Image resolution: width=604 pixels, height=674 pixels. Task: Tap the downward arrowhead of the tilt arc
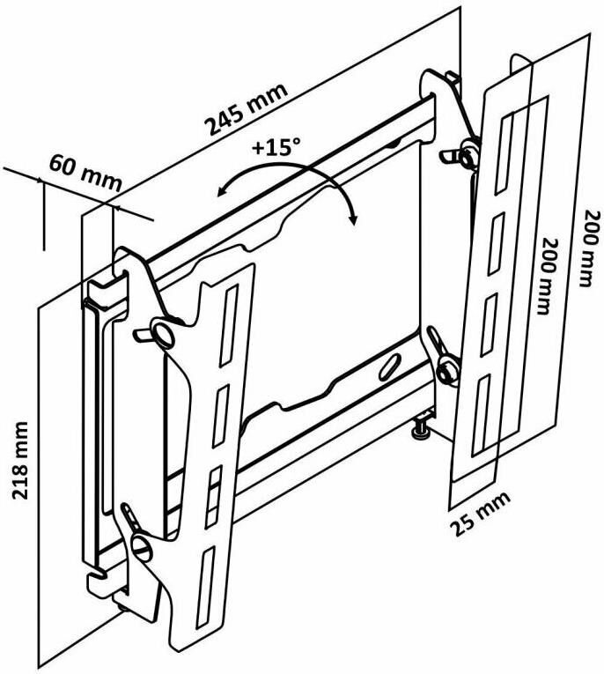tap(352, 221)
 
